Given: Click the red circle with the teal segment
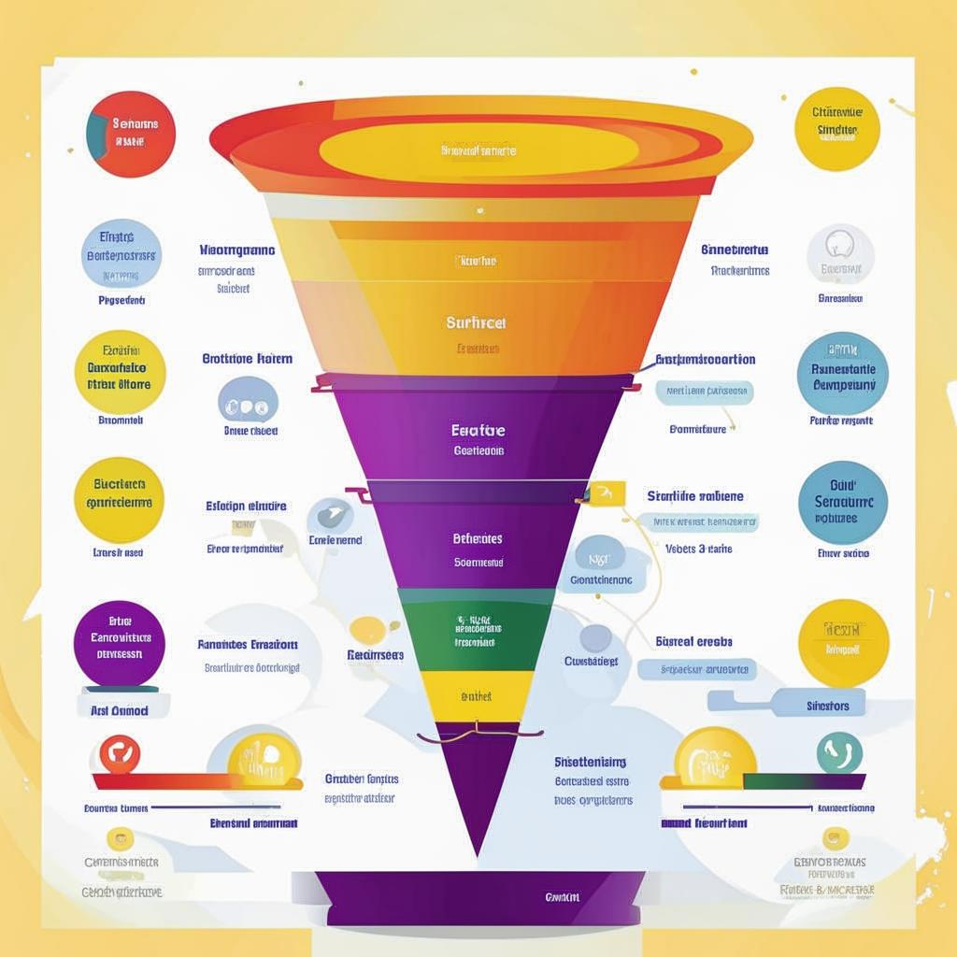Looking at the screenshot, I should [130, 135].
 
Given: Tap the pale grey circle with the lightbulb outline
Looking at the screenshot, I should [840, 254].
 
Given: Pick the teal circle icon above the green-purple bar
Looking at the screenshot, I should [839, 753].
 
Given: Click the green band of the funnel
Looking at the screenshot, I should [477, 629].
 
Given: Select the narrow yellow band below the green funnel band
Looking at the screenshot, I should [477, 696].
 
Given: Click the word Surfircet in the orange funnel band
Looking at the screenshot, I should [477, 322].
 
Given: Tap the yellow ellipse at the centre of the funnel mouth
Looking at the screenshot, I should [478, 150].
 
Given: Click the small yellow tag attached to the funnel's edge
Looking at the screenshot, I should [607, 493].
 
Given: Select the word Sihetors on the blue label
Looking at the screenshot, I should [827, 706].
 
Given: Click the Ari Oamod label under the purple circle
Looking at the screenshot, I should [119, 710].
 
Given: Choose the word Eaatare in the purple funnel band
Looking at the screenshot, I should [478, 431].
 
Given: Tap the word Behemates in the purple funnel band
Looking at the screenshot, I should [478, 539].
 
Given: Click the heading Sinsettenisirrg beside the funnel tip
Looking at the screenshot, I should [590, 762].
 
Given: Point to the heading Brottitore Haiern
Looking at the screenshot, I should [248, 358].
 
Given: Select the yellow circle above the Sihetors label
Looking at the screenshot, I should [843, 643].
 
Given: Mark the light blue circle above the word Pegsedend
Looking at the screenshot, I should [121, 252].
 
